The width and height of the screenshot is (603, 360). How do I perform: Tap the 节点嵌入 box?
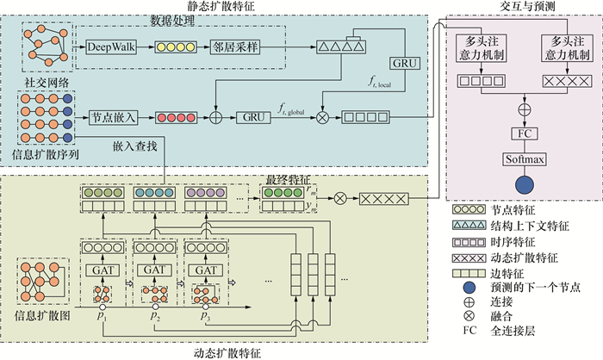(111, 115)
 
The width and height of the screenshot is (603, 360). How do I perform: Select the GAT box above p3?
(206, 270)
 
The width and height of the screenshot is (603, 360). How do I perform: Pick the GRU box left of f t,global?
(252, 115)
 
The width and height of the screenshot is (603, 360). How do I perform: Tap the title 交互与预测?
(527, 7)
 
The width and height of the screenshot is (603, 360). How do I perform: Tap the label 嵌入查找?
(134, 147)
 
